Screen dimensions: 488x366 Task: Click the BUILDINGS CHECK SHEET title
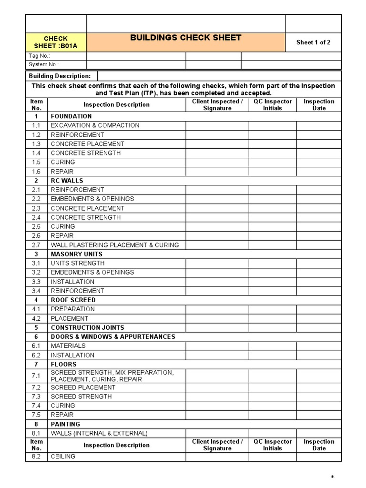(186, 38)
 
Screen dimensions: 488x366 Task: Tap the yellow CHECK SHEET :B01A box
(56, 42)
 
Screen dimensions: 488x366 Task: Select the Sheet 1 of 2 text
(313, 42)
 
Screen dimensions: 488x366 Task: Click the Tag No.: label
(40, 56)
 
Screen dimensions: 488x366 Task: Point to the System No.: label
(44, 64)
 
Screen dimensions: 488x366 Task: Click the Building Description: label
(60, 76)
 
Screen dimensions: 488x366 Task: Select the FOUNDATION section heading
(71, 116)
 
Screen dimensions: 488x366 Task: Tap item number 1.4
(36, 153)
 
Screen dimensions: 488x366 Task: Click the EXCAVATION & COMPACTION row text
(95, 125)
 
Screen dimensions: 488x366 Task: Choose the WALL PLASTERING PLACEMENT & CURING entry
(115, 245)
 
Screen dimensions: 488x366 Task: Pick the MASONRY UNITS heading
(77, 254)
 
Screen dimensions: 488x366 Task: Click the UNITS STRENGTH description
(78, 263)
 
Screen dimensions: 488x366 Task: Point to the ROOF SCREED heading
(73, 300)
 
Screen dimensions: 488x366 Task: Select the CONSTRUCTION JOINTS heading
(87, 327)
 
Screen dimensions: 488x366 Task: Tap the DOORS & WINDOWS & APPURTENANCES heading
(113, 336)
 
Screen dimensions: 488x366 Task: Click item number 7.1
(36, 376)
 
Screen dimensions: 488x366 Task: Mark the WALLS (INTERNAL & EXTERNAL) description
(99, 433)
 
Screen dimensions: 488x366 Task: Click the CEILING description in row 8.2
(63, 457)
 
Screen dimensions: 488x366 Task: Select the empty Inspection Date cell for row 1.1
(319, 125)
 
